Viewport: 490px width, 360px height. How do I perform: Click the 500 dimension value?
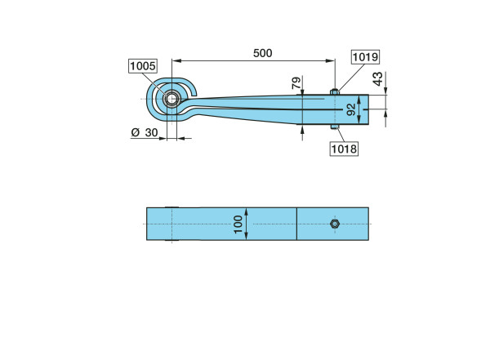[262, 53]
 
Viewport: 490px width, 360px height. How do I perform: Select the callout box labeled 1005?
[143, 66]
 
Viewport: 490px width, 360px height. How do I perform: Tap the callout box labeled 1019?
[365, 57]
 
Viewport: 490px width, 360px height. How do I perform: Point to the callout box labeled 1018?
[344, 149]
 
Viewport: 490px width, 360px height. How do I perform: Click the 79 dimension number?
[296, 82]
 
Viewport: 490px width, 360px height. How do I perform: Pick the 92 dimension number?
[351, 109]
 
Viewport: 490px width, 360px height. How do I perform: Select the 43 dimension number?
[378, 78]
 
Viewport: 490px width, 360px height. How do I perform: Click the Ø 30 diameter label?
[145, 132]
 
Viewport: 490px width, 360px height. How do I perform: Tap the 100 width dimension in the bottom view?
[238, 224]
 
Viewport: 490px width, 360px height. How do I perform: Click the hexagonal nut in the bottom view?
[335, 224]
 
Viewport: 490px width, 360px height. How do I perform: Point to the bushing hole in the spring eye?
[171, 100]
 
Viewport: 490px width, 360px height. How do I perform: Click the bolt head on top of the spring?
[335, 91]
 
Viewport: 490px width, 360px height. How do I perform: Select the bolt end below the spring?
[335, 127]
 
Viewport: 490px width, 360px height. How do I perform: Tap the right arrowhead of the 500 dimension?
[331, 60]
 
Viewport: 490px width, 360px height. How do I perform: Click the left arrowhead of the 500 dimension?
[176, 60]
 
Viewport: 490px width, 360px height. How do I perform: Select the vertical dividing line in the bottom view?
[296, 224]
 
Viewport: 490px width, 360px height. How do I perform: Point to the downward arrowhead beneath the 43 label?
[386, 90]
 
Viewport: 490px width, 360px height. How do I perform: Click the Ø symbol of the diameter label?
[136, 132]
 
